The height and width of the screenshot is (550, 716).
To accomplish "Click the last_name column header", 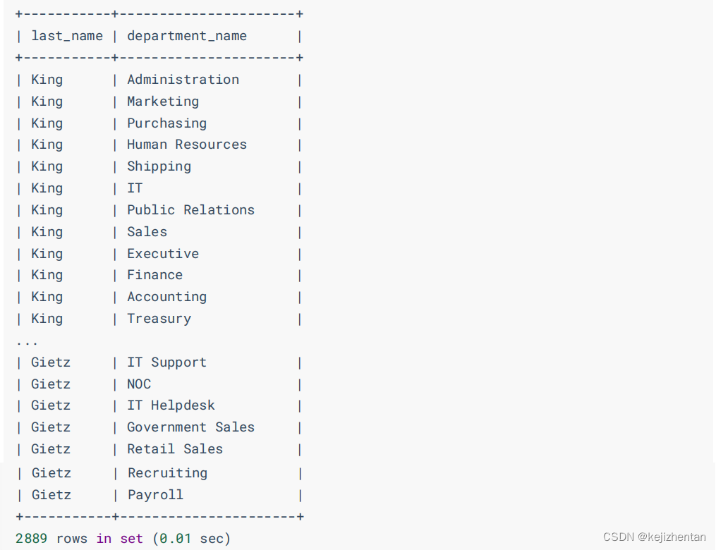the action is coord(67,36).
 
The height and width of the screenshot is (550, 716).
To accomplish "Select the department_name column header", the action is coord(187,36).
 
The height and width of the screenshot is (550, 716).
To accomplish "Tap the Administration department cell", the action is coord(183,80).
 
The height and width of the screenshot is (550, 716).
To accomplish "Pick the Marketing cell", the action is coord(163,102).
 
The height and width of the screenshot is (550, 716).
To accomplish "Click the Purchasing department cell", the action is coord(166,123).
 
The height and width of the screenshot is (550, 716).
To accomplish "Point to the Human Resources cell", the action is coord(187,145).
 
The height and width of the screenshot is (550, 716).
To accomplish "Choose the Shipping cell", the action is coord(159,166).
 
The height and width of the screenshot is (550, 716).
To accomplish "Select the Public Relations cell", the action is coord(190,210).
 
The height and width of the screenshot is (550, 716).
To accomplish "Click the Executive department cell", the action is coord(163,254).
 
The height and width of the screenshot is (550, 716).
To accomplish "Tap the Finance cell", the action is coord(154,275).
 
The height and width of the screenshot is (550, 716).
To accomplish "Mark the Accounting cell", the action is coord(166,297).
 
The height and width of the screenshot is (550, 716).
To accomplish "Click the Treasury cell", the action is coord(159,319).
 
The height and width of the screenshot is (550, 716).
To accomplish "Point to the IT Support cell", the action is coord(166,362).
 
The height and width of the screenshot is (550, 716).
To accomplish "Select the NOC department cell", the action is coord(139,384).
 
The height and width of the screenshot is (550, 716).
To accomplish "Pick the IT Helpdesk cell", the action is coord(171,405).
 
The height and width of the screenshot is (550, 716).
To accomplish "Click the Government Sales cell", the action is coord(190,427).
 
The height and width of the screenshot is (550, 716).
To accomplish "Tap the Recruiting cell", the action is coord(167,473).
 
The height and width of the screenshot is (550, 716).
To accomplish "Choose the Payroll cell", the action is coord(155,495).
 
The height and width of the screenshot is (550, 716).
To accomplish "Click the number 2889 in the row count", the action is coord(31,539).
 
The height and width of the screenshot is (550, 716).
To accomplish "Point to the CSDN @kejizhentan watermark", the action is coord(654,537).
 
